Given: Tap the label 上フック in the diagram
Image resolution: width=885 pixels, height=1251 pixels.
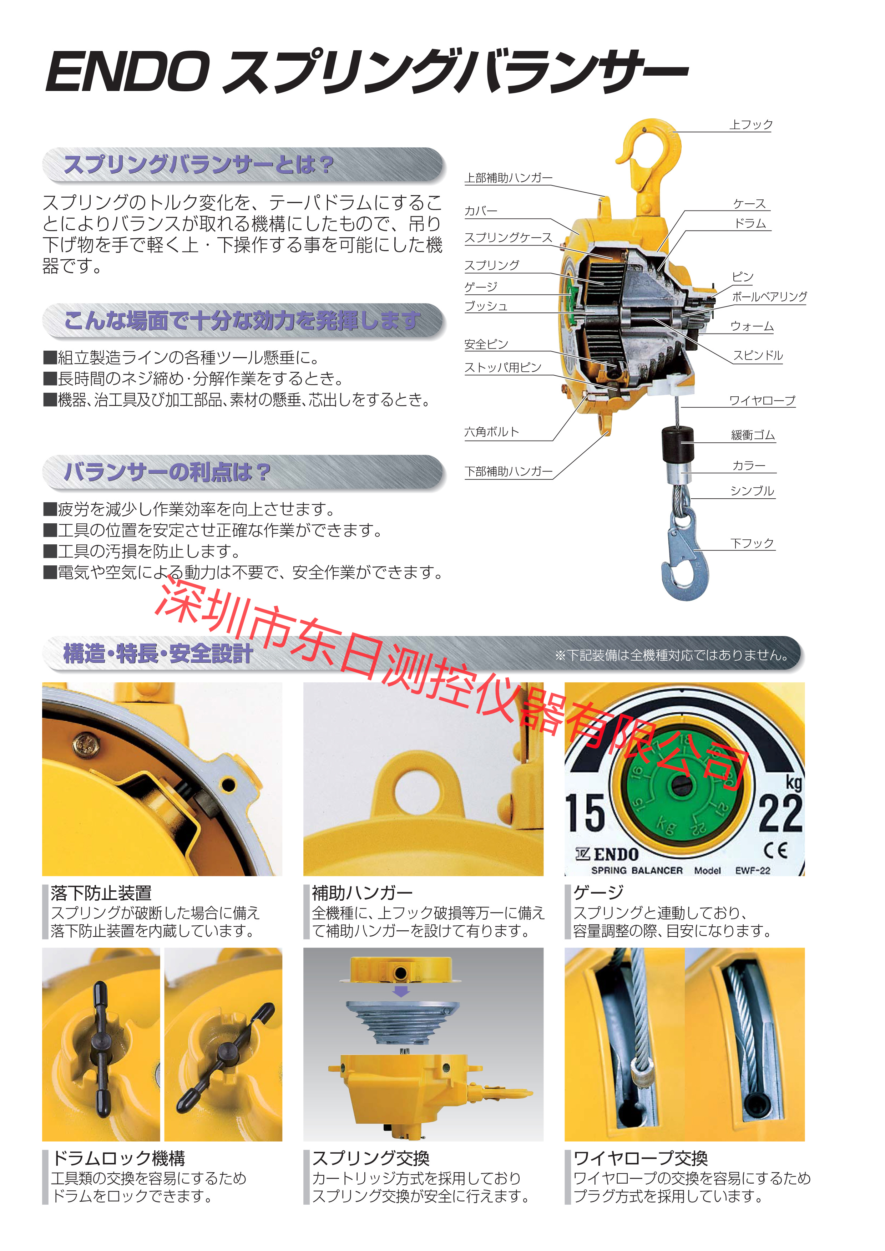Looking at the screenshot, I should point(750,125).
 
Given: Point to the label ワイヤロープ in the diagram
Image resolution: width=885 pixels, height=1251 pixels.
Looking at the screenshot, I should point(762,401).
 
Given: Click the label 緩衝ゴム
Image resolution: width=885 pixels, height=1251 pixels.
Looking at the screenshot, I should point(753,435).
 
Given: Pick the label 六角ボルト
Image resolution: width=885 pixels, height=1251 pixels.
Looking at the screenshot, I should point(491,432).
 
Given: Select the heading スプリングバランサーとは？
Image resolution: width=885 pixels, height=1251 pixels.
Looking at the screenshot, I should point(199,164).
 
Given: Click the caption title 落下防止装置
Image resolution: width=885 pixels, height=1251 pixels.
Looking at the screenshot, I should point(101,893).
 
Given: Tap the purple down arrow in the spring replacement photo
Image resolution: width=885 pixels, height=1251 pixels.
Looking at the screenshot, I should point(401,991).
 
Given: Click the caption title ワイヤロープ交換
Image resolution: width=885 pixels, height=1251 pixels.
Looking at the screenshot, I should point(640,1158).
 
